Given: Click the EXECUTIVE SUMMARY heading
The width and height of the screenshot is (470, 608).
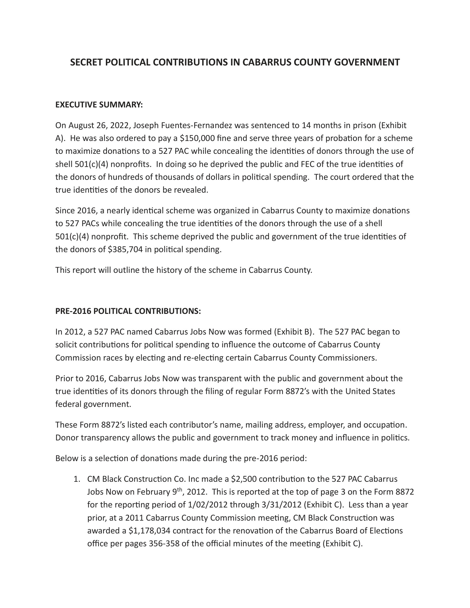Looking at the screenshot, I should coord(99,105).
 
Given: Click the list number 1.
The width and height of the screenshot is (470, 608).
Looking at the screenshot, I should coord(76,479).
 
